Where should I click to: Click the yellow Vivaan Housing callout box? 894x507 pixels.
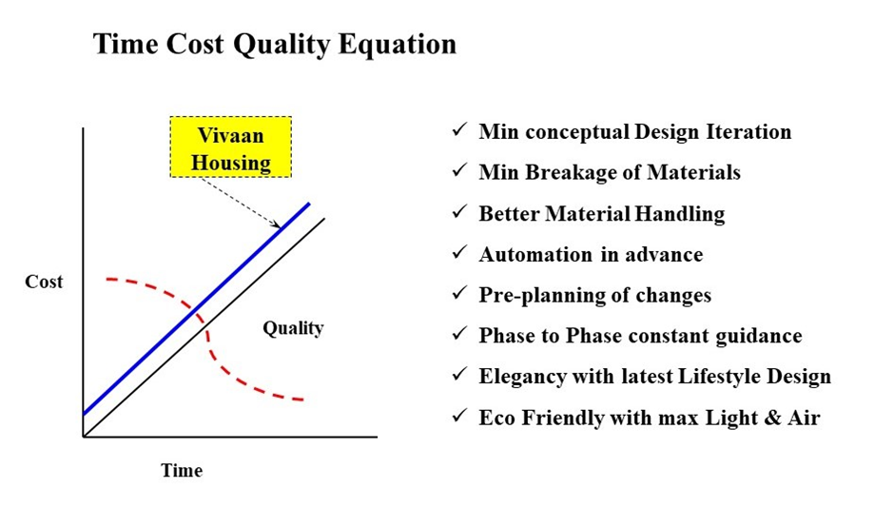230,147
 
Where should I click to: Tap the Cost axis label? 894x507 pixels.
44,282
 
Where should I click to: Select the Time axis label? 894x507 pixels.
182,470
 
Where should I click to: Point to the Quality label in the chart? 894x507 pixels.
293,328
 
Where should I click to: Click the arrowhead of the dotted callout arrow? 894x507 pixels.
279,225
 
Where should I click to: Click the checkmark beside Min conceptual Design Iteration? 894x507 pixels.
459,130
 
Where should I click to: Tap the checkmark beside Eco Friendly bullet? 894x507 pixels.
459,417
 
